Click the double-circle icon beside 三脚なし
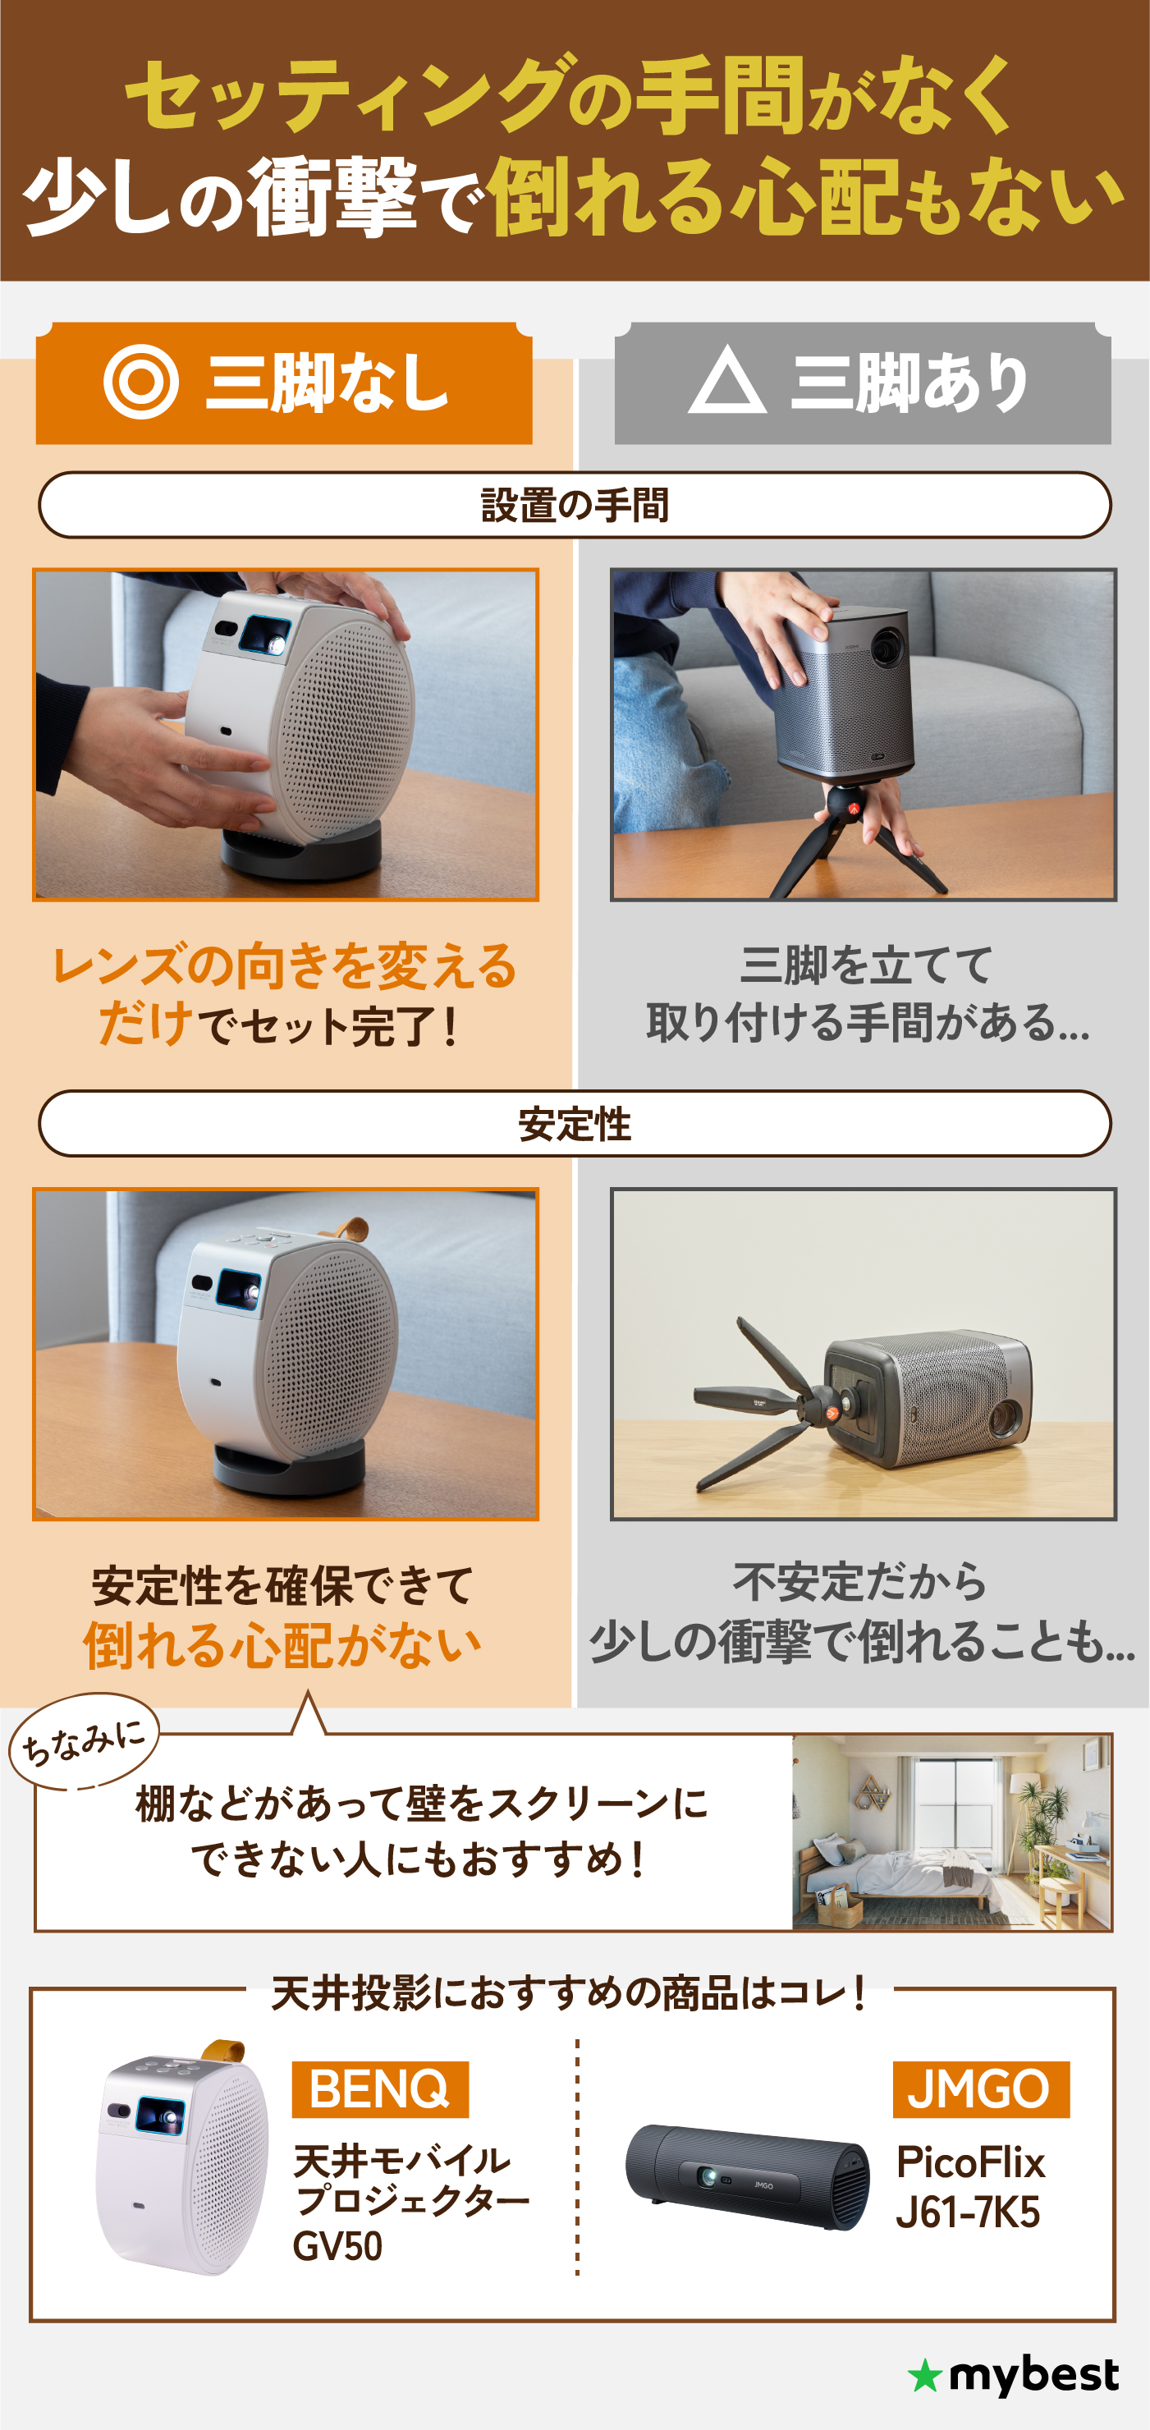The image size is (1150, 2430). coord(141,382)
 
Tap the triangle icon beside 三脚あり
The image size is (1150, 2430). coord(726,382)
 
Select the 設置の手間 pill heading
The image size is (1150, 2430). coord(575,506)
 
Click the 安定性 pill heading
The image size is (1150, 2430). coord(575,1125)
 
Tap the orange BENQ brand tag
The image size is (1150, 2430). coord(379,2089)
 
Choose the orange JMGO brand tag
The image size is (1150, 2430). coord(980,2089)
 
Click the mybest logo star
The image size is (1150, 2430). coord(924,2377)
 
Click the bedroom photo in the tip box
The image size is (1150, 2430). coord(951,1832)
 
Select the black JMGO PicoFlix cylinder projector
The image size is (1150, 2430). coord(747,2176)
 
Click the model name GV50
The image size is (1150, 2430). coord(337,2247)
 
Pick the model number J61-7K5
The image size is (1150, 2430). coord(967,2213)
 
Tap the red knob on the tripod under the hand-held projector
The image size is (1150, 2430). coord(853,809)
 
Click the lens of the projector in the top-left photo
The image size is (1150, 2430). coord(271,640)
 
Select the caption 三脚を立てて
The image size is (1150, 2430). coord(866,965)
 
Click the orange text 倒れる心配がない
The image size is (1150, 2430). coord(282,1646)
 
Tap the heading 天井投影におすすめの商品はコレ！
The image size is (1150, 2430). coord(569,1993)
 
